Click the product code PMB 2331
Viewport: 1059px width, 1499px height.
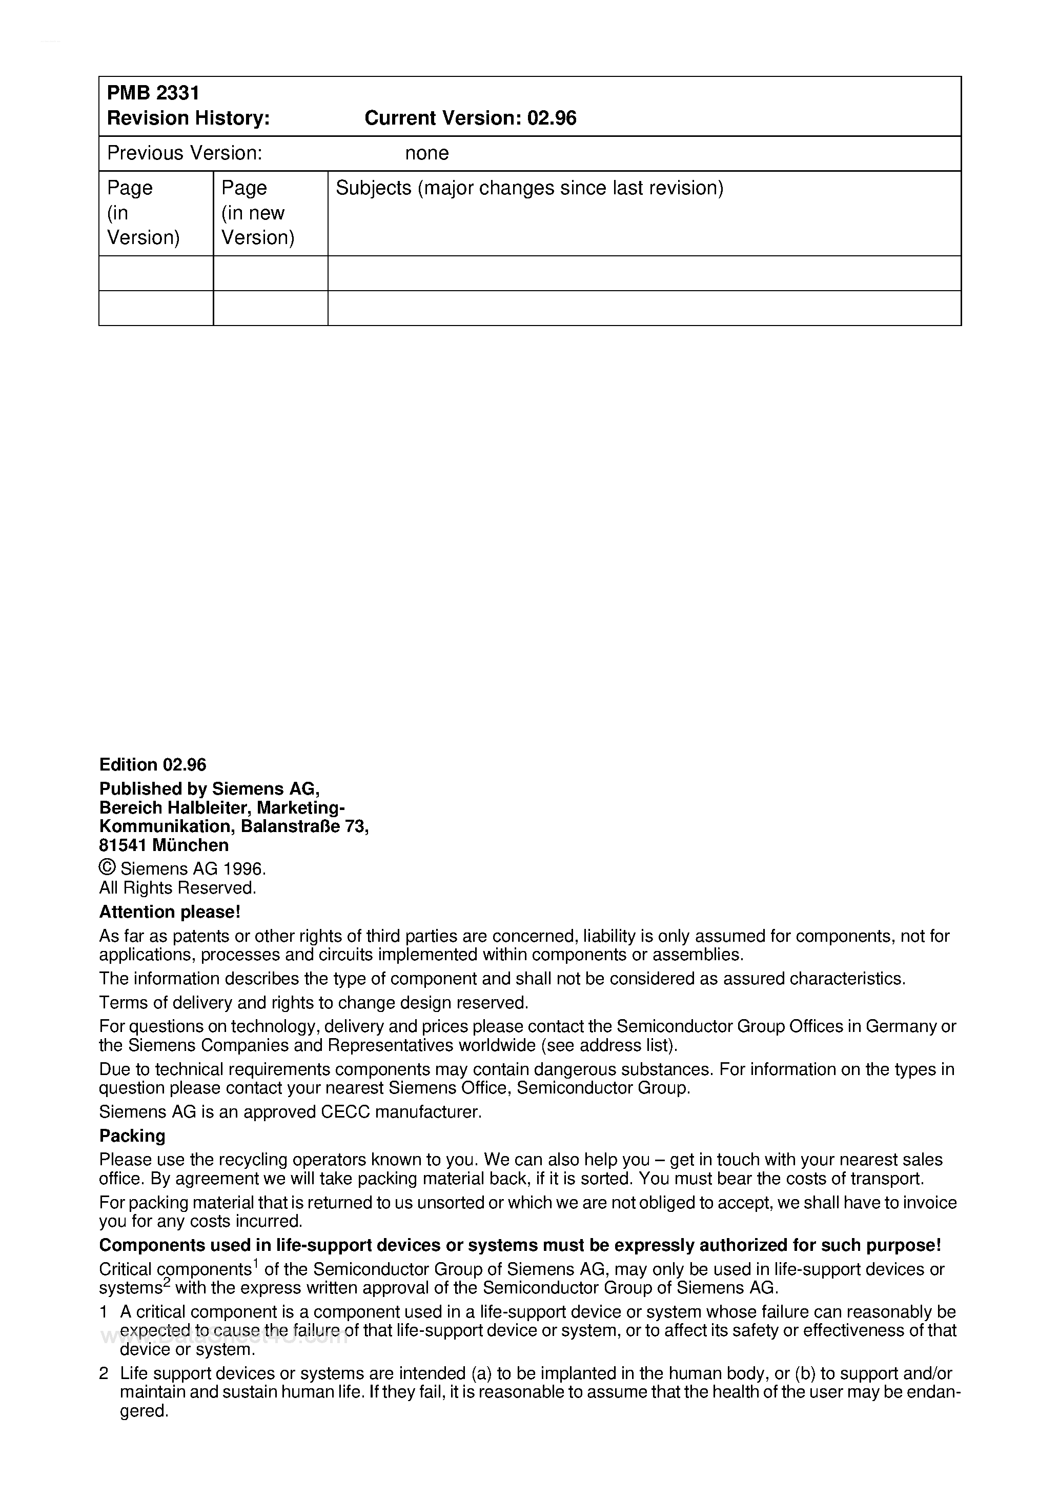coord(153,93)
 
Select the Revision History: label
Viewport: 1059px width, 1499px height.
coord(188,118)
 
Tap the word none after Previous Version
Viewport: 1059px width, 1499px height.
coord(426,153)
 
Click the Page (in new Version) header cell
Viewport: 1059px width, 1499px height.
coord(257,213)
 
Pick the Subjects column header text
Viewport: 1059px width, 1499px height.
coord(529,188)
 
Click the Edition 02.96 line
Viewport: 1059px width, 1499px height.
coord(152,764)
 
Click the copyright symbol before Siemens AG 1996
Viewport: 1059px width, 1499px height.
coord(107,868)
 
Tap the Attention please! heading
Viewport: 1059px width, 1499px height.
coord(170,911)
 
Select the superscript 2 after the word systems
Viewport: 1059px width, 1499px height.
coord(167,1283)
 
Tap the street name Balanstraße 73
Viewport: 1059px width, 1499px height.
coord(304,826)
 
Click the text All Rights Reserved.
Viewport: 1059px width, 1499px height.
coord(177,888)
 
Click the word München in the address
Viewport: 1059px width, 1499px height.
coord(190,845)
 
